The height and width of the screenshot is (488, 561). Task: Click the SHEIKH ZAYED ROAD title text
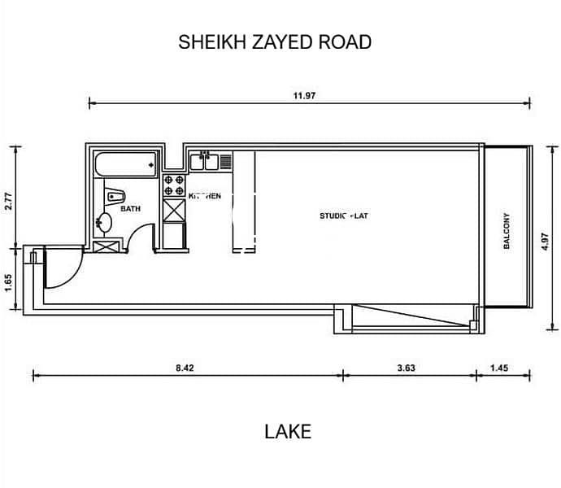coord(275,42)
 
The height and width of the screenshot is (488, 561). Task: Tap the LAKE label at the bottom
coord(287,431)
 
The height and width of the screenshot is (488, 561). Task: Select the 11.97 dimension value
coord(304,95)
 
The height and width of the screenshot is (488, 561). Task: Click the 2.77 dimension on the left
coord(7,201)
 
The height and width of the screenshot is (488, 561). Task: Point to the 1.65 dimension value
coord(7,282)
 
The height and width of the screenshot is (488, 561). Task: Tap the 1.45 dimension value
coord(499,368)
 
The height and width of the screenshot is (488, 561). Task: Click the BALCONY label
coord(507,230)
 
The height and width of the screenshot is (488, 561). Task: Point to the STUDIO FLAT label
coord(344,216)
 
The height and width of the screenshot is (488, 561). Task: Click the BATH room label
coord(130,209)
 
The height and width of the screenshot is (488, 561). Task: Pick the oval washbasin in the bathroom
coord(104,222)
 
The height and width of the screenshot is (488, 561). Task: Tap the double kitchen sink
coord(205,162)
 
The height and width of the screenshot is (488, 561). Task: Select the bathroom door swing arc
coord(141,239)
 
